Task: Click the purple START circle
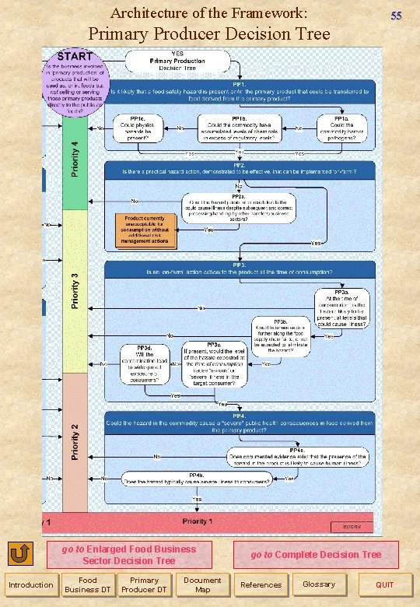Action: tap(75, 84)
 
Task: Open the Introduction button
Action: tap(30, 584)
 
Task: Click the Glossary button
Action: tap(319, 584)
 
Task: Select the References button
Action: tap(261, 584)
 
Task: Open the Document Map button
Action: tap(202, 584)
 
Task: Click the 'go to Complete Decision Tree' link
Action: tap(316, 555)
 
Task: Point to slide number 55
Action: tap(396, 16)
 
